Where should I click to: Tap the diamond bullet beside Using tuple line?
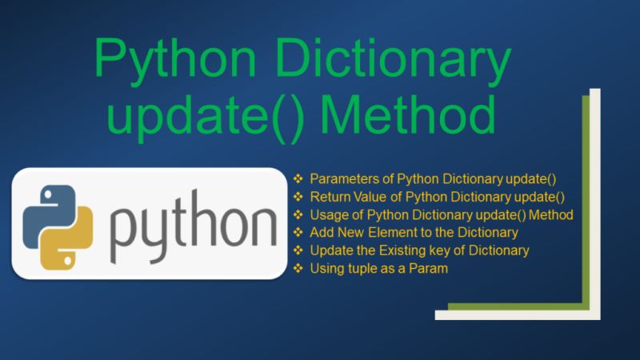pyautogui.click(x=298, y=269)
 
